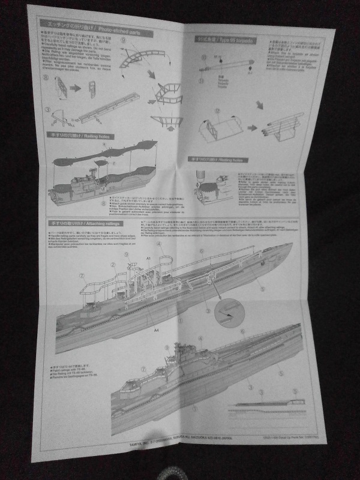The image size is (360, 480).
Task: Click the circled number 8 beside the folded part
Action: coord(47,77)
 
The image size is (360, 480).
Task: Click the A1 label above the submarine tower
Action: coord(147,258)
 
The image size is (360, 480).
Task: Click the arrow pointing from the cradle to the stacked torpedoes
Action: coord(251,127)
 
